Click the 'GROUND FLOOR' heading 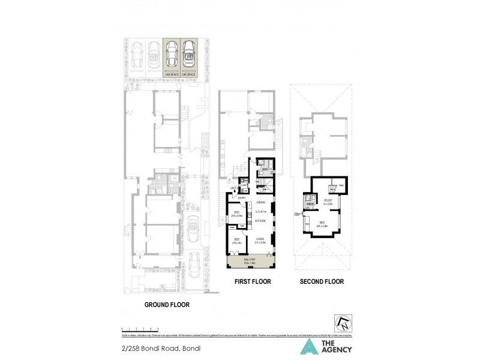pyautogui.click(x=167, y=304)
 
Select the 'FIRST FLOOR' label pyautogui.click(x=249, y=281)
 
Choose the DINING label pyautogui.click(x=260, y=203)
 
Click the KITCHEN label pyautogui.click(x=260, y=221)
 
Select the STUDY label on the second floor pyautogui.click(x=328, y=201)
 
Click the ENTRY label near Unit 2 pyautogui.click(x=243, y=197)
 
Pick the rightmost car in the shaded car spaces pyautogui.click(x=189, y=55)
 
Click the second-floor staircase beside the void pyautogui.click(x=308, y=202)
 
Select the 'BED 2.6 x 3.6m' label pyautogui.click(x=236, y=214)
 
